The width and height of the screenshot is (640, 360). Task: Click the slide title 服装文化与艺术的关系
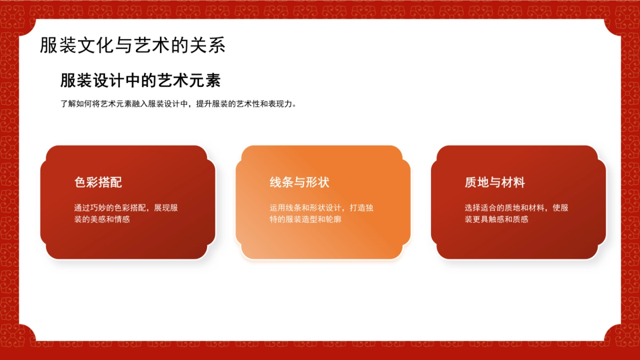[132, 45]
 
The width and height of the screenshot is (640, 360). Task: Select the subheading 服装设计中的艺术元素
[140, 81]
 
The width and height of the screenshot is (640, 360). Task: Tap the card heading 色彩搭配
[98, 182]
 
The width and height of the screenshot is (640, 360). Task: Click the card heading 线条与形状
[299, 182]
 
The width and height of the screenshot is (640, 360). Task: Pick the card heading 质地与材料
[494, 182]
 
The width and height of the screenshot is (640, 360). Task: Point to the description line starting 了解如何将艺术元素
[178, 104]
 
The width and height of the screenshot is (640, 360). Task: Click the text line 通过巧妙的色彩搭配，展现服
[126, 207]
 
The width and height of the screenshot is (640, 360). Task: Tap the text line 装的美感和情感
[102, 219]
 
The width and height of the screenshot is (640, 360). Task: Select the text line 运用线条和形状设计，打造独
[321, 207]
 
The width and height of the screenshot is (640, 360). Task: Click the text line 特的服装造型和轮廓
[305, 219]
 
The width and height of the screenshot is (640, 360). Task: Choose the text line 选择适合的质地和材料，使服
[516, 207]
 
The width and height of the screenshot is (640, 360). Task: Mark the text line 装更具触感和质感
[497, 219]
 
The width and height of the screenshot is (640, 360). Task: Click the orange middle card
[323, 240]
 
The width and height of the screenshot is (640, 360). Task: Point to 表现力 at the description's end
[283, 104]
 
